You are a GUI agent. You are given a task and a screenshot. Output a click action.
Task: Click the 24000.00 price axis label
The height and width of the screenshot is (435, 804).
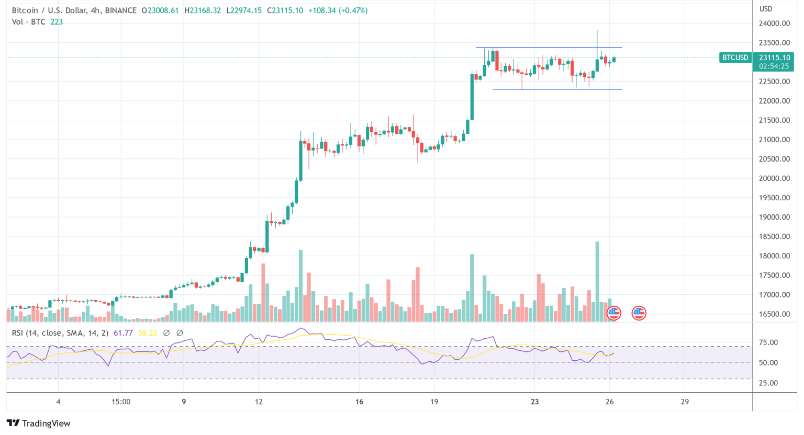774,23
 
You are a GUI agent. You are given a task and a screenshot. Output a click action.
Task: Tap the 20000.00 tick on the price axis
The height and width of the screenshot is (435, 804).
774,178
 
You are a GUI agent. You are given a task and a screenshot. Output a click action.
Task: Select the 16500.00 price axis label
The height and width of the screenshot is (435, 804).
774,314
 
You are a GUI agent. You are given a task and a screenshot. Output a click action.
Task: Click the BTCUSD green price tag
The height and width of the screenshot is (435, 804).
735,58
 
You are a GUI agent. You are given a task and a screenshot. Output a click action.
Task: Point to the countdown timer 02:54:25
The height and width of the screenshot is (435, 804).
774,66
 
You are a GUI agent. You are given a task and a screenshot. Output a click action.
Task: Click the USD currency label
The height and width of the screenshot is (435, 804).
766,8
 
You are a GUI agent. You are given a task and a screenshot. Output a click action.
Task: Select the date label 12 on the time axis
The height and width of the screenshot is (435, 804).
259,402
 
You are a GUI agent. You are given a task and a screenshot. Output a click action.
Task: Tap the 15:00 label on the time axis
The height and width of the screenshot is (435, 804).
121,402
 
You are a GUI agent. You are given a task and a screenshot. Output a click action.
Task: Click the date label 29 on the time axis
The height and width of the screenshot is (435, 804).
685,402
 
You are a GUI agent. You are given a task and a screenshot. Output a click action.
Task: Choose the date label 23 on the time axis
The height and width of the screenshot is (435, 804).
534,402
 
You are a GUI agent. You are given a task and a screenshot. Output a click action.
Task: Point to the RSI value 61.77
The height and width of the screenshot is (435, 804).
123,333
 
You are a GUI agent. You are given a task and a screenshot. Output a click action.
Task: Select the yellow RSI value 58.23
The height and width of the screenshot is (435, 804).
148,333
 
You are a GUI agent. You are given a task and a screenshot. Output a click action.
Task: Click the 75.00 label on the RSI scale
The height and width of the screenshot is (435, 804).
768,342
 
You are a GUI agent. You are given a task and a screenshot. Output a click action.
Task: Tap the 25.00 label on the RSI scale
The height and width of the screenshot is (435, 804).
768,383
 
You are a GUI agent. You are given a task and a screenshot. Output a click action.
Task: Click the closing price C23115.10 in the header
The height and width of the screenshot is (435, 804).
285,10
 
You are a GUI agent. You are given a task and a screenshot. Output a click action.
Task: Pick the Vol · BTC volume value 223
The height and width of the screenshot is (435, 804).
57,22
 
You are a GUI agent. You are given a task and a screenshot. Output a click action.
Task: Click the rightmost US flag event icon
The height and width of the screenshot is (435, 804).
639,313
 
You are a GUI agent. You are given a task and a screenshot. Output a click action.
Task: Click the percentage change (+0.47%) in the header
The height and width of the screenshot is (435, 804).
352,10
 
